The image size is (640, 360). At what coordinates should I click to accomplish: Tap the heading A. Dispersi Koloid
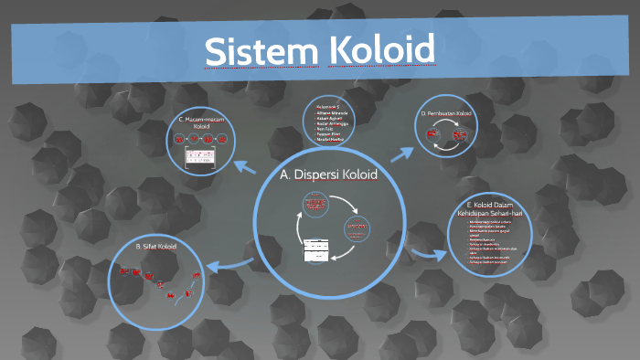328,174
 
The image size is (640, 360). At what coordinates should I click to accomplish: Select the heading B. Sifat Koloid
155,246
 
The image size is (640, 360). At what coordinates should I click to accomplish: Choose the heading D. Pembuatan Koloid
447,113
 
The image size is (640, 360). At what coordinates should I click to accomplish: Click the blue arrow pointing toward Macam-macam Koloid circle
245,166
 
